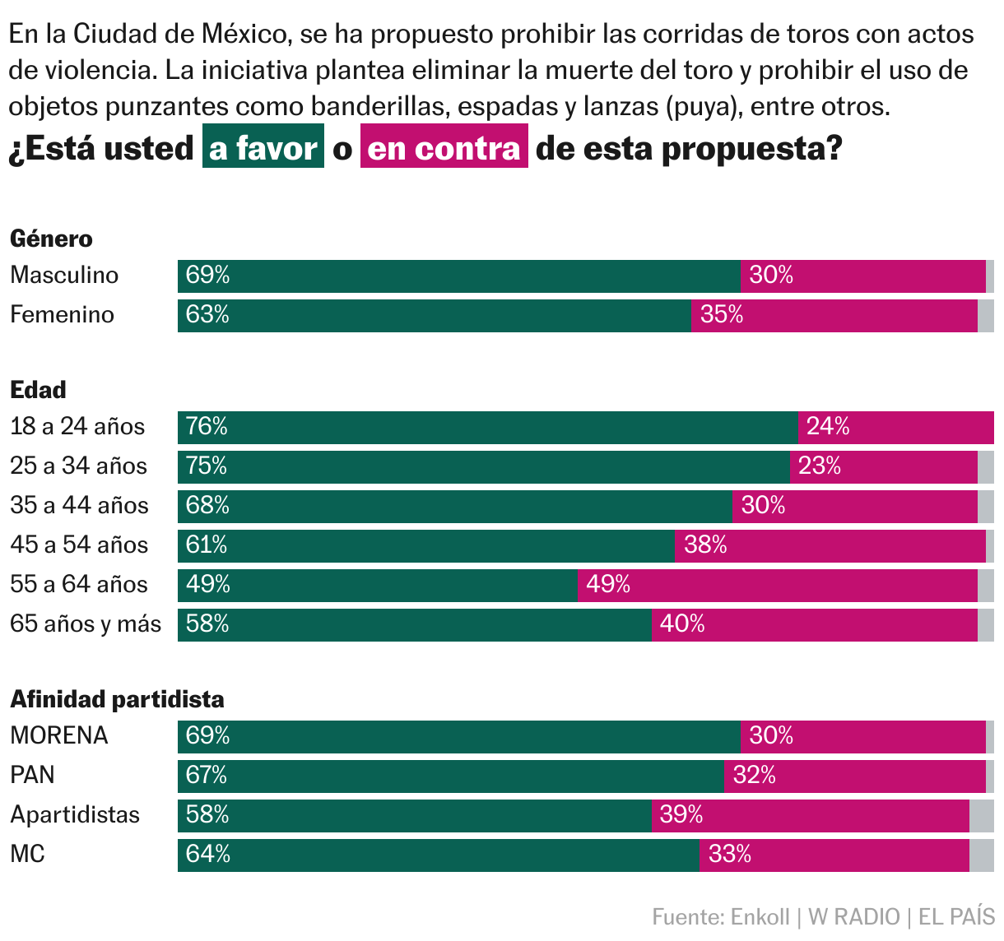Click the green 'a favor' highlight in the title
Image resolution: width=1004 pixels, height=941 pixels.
point(263,147)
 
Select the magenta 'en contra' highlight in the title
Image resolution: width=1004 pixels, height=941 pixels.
point(444,147)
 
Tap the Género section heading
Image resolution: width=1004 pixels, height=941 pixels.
point(51,239)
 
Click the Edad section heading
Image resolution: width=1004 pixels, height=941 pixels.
point(38,390)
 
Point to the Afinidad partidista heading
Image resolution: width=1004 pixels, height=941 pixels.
point(117,699)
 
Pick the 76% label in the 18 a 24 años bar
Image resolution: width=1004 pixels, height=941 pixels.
point(207,426)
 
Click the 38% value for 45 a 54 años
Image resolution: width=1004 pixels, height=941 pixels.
point(705,545)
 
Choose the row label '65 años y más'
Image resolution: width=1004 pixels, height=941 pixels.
point(86,623)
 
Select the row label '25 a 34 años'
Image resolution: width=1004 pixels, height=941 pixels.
point(78,466)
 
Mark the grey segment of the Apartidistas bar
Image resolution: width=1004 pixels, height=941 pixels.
point(981,815)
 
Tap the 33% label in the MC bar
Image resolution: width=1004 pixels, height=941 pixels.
point(730,855)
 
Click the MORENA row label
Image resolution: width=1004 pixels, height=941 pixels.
point(59,735)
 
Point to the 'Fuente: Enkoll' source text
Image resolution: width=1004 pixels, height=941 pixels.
point(720,917)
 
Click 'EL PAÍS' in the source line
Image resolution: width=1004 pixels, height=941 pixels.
point(956,917)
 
